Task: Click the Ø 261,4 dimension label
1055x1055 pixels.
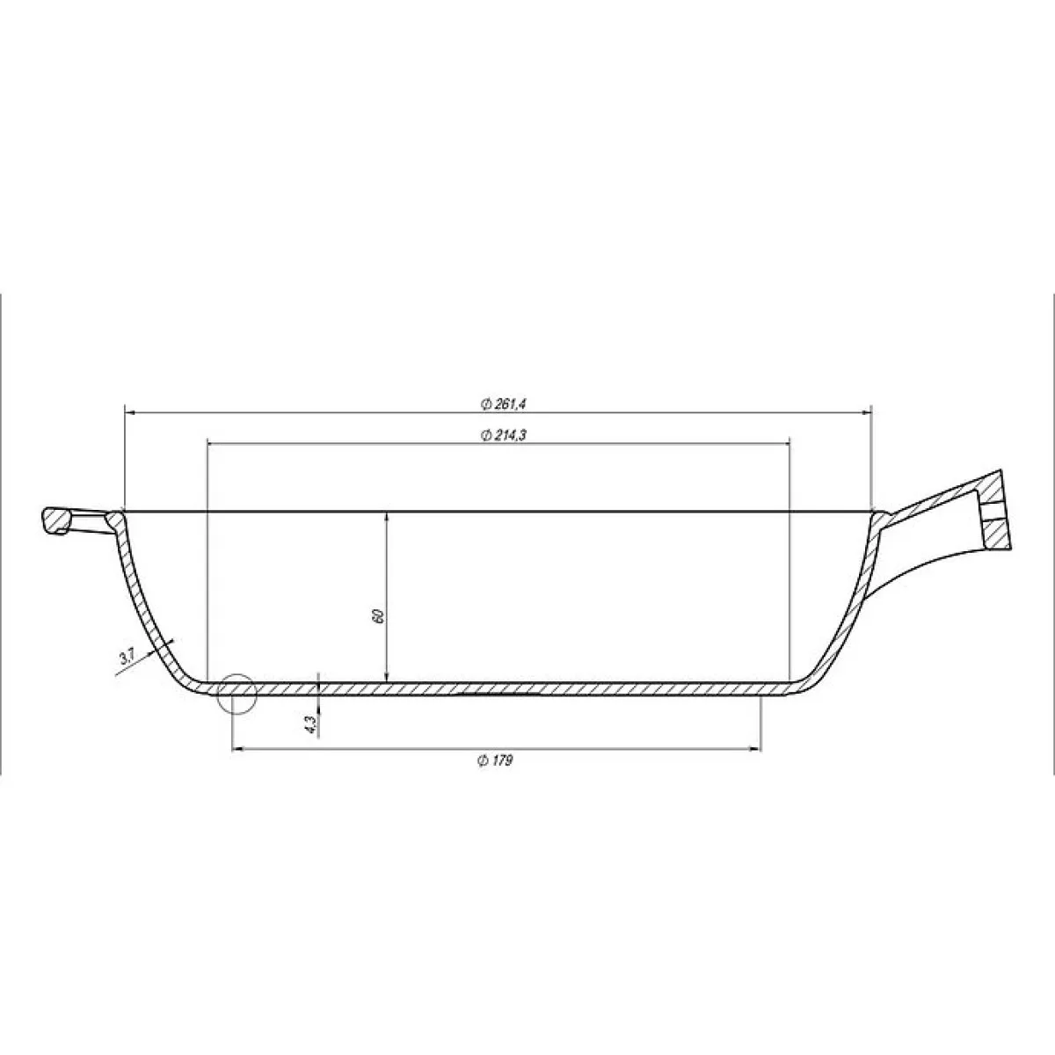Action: pyautogui.click(x=503, y=404)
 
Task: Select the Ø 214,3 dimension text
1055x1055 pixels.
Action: pyautogui.click(x=503, y=435)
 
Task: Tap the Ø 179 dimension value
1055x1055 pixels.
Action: pyautogui.click(x=495, y=760)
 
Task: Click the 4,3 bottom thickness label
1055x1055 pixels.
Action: pyautogui.click(x=309, y=724)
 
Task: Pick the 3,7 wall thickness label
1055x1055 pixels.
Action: pyautogui.click(x=126, y=657)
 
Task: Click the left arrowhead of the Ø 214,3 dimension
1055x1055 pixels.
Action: pyautogui.click(x=214, y=444)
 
